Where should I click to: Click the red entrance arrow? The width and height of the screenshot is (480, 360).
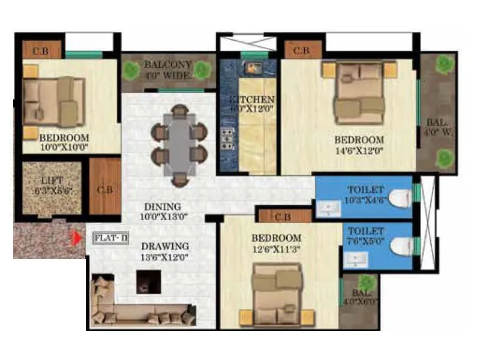click(76, 238)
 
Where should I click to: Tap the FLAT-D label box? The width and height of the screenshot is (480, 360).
click(111, 238)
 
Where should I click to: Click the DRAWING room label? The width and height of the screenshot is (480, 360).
click(164, 246)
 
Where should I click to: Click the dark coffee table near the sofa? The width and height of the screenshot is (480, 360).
click(148, 281)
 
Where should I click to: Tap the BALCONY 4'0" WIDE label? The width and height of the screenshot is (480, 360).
click(167, 70)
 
